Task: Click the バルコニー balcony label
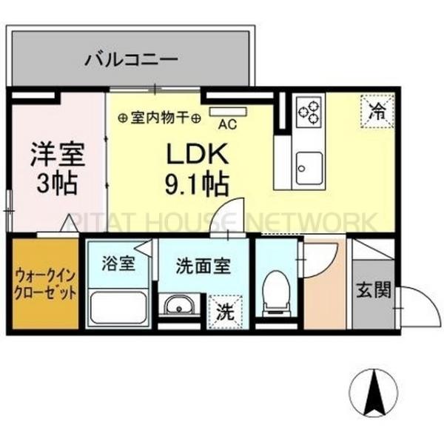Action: (x=130, y=57)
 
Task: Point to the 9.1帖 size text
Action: (x=195, y=181)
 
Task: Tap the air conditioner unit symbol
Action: (x=220, y=112)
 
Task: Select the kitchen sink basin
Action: (x=308, y=162)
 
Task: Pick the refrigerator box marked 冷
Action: (x=378, y=113)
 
